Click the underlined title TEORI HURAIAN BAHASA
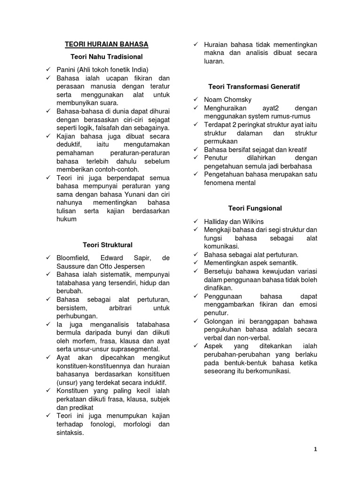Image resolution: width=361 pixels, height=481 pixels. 106,44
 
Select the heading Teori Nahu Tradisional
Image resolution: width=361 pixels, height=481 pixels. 106,56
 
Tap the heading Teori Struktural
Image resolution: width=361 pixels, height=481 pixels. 108,245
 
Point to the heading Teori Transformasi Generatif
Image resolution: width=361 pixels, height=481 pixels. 254,87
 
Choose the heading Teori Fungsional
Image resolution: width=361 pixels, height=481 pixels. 255,208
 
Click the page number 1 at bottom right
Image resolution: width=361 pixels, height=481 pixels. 316,449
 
